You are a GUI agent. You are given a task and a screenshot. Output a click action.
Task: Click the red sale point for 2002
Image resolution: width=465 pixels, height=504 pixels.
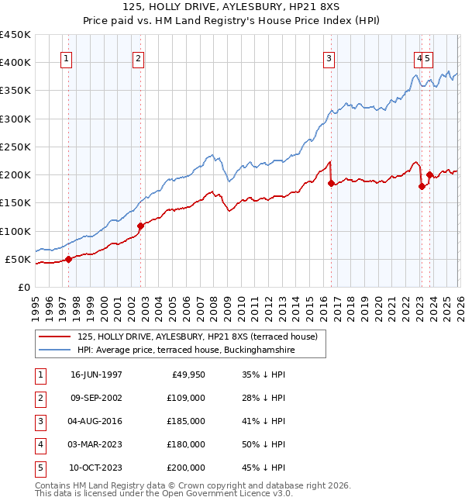(x=140, y=226)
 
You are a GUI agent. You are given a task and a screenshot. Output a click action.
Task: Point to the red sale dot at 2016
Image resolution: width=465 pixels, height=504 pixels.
(x=331, y=184)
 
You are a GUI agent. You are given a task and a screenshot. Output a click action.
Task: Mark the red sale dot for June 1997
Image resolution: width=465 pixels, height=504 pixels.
(x=68, y=259)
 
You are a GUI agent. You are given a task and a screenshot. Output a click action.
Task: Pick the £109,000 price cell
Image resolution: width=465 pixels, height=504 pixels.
(x=187, y=398)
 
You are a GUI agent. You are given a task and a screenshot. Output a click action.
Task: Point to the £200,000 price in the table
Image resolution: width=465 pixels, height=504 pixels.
(x=187, y=468)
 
